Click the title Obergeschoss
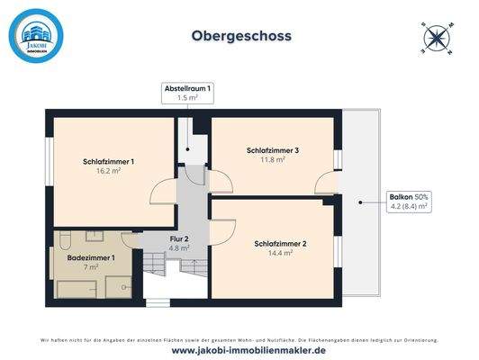(x=240, y=37)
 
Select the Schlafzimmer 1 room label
(x=108, y=162)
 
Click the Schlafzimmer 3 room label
(x=272, y=149)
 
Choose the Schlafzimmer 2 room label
(x=280, y=244)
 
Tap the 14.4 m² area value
(x=280, y=254)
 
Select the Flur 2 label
(x=180, y=238)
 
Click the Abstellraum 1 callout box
(x=186, y=93)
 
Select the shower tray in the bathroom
(x=118, y=286)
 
